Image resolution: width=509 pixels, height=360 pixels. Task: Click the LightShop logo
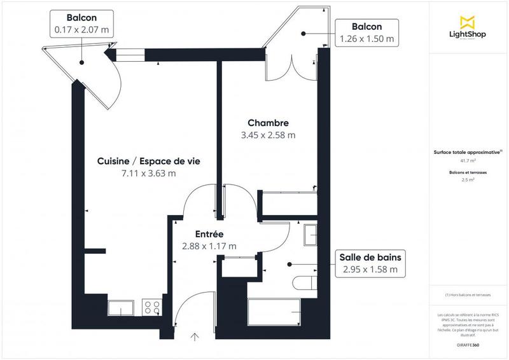point(469,28)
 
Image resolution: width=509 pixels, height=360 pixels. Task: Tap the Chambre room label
point(268,123)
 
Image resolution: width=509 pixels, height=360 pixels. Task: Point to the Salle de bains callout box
point(370,263)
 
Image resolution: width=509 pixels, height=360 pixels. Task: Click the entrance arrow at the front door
point(195,338)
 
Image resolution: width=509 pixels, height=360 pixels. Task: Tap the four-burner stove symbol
point(153,308)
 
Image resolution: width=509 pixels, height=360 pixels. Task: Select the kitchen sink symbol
point(120,308)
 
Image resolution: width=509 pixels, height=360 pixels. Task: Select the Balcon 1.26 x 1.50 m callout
point(366,32)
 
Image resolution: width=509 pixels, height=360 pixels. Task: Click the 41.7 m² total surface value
point(468,161)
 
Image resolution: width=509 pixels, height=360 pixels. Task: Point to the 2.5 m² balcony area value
point(468,180)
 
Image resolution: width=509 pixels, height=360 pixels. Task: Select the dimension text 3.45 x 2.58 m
point(268,135)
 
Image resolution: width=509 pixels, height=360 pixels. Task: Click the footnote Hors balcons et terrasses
point(469,294)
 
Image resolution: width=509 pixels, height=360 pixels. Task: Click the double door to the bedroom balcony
point(291,66)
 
